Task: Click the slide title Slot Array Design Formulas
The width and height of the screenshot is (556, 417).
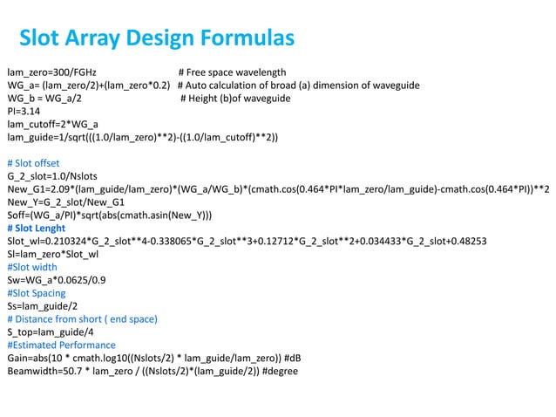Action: pyautogui.click(x=157, y=38)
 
